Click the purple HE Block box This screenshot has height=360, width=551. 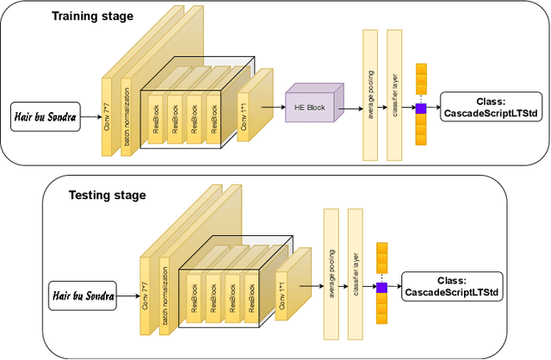tap(311, 107)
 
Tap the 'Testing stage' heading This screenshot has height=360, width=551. tap(107, 196)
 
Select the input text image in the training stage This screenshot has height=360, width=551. tap(45, 115)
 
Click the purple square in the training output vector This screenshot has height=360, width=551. tap(421, 108)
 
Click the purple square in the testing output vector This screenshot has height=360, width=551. tap(382, 287)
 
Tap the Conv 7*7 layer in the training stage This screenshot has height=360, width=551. tap(108, 116)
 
